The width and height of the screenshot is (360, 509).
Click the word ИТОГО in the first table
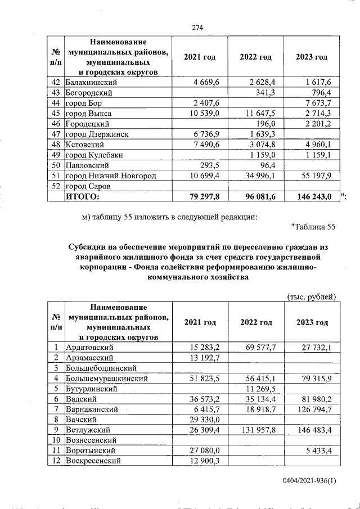click(83, 197)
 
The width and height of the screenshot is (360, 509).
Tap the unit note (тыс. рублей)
click(311, 296)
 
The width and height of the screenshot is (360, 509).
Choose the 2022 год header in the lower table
click(256, 322)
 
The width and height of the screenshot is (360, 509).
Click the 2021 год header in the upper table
click(200, 57)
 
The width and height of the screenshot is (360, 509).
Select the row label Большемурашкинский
click(107, 379)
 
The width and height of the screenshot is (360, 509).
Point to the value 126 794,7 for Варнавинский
click(314, 409)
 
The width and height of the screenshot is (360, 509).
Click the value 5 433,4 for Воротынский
click(319, 451)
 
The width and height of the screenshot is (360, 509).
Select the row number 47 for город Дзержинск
click(55, 134)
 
